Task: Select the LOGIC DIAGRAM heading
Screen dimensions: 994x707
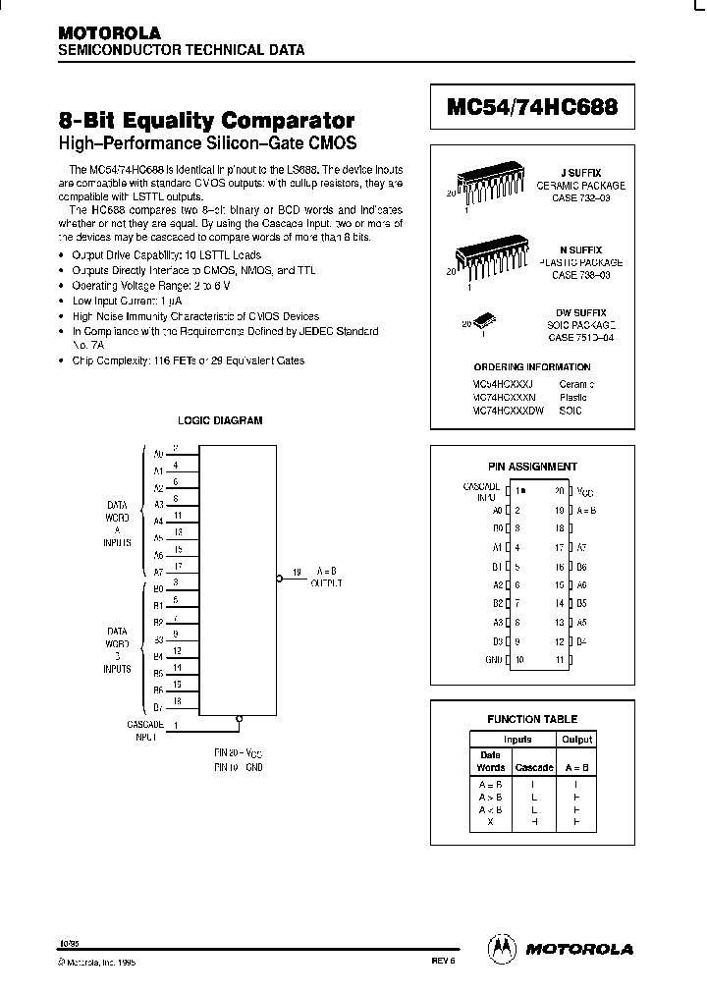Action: coord(219,420)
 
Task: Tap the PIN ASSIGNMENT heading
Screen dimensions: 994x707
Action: coord(533,467)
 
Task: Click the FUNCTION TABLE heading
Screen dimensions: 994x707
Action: coord(532,719)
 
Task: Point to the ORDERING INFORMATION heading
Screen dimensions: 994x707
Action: coord(532,367)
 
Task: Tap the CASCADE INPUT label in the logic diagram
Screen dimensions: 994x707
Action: coord(144,729)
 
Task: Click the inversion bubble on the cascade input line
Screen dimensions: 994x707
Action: coord(238,719)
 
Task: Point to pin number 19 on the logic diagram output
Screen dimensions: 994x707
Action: coord(296,571)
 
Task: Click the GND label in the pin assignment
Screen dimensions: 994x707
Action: coord(493,659)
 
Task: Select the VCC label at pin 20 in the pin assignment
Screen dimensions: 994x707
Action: coord(584,489)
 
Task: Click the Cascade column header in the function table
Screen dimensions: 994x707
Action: coord(534,767)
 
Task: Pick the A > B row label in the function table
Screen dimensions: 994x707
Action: coord(490,797)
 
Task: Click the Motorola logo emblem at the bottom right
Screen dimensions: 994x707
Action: coord(502,948)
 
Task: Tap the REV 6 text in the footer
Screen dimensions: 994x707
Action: coord(444,964)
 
